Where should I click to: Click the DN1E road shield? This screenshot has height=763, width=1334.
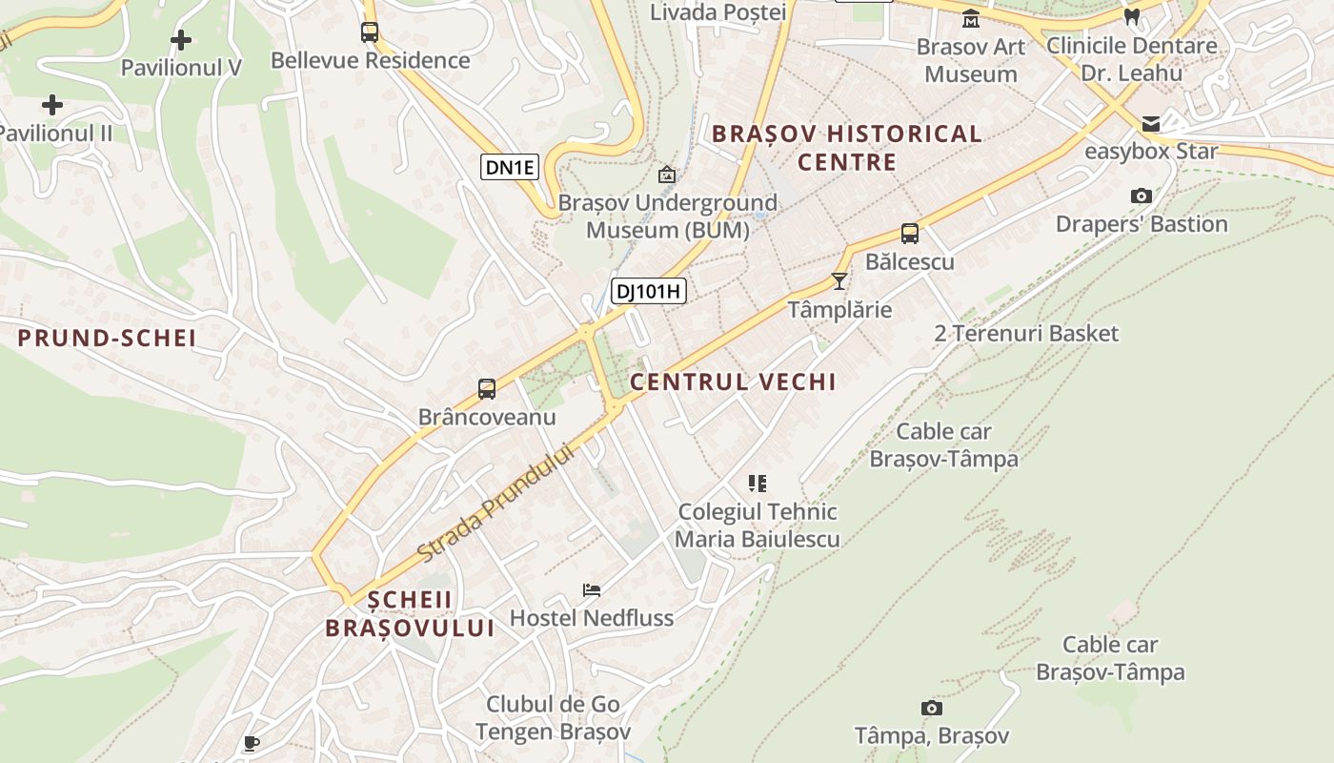coord(511,168)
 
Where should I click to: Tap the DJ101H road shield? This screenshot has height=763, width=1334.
coord(649,291)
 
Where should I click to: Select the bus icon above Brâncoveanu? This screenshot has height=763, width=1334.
coord(487,389)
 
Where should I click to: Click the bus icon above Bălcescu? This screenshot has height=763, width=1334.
coord(910,234)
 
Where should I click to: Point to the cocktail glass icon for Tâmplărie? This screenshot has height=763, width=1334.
coord(839,280)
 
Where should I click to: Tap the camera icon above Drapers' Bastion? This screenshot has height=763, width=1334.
coord(1142,196)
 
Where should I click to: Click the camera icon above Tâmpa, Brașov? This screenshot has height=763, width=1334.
coord(932,708)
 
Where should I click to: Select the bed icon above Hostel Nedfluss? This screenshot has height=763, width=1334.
coord(592,590)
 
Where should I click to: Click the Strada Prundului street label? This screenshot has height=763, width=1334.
coord(498,503)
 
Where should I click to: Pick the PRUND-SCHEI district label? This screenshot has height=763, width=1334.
coord(108,338)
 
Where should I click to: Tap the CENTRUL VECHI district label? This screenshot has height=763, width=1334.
coord(733,382)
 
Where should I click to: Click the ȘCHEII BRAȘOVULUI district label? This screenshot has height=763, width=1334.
coord(410,613)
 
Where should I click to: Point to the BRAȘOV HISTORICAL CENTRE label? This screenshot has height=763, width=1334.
coord(847,148)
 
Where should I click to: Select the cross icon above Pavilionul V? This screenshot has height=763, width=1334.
coord(181,40)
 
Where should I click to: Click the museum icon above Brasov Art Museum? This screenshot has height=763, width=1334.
coord(971,19)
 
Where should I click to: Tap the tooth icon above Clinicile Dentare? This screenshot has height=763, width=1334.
coord(1132,16)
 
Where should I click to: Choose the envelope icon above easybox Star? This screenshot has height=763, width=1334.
coord(1151,123)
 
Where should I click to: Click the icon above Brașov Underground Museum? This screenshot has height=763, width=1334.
coord(667,175)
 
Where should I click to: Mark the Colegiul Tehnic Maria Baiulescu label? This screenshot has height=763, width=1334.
coord(758,526)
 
